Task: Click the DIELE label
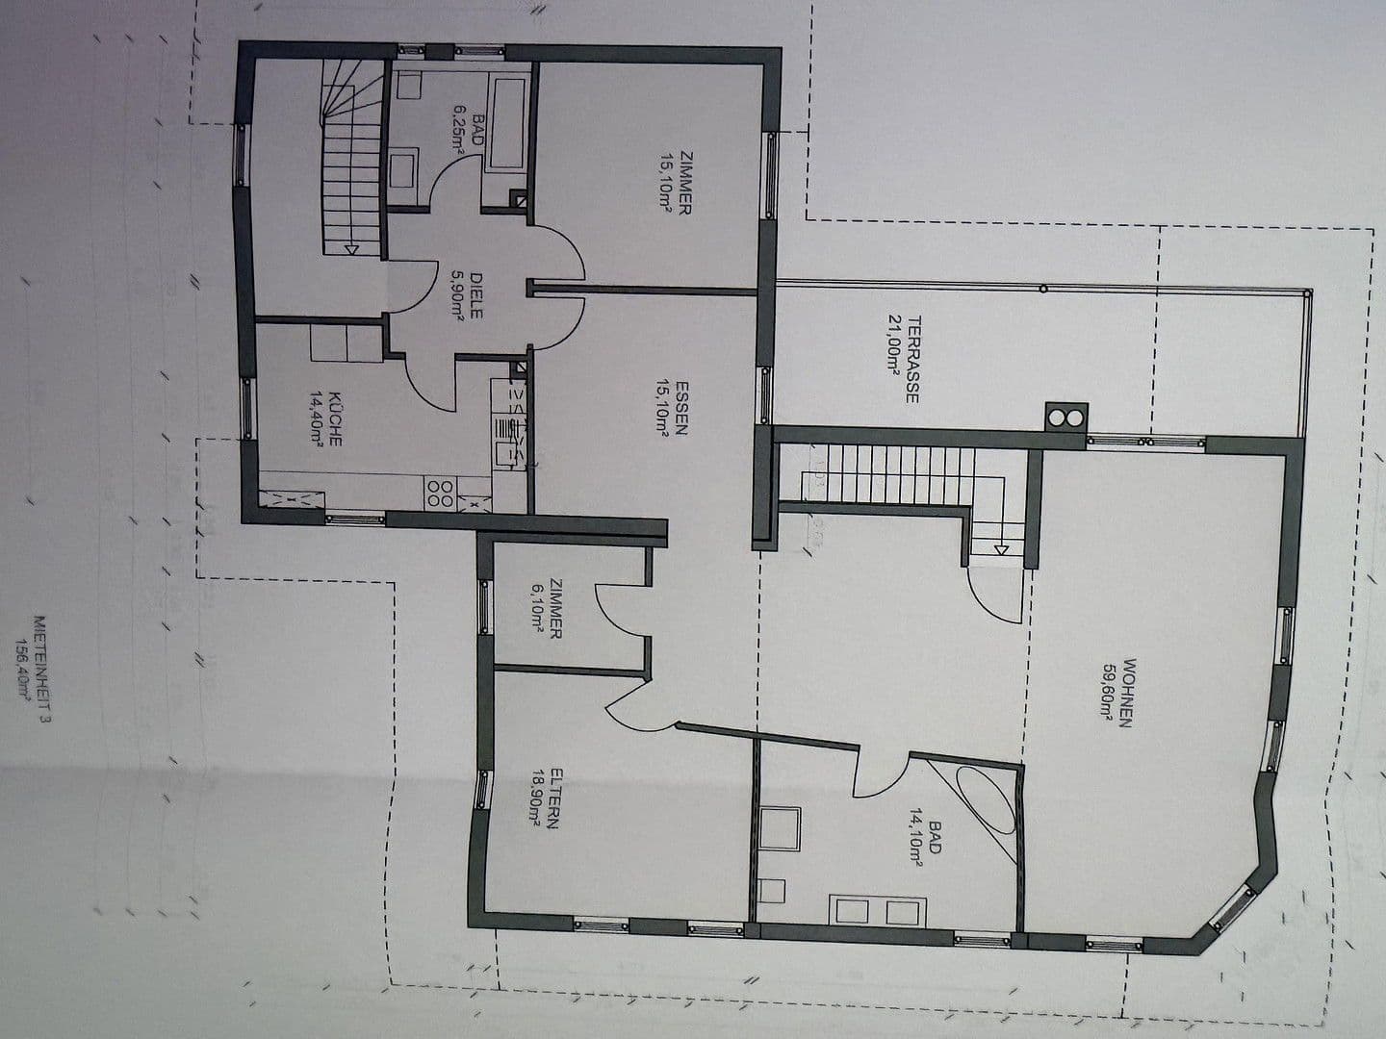(476, 295)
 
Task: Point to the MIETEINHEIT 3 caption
(39, 670)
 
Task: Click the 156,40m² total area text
(18, 670)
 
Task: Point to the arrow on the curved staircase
(351, 249)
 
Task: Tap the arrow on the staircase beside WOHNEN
(1002, 549)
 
